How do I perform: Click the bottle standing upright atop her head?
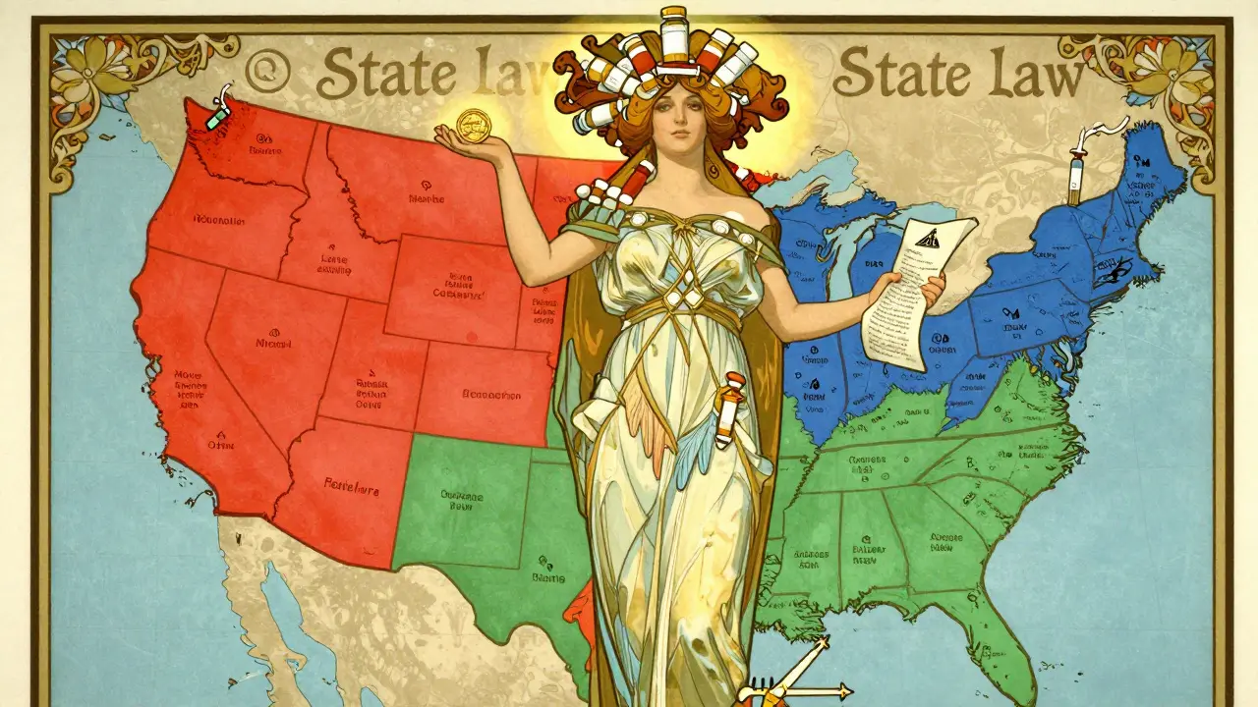point(674,31)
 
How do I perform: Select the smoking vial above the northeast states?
point(1079,167)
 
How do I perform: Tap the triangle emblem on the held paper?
point(926,237)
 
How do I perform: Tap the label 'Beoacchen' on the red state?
point(490,395)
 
